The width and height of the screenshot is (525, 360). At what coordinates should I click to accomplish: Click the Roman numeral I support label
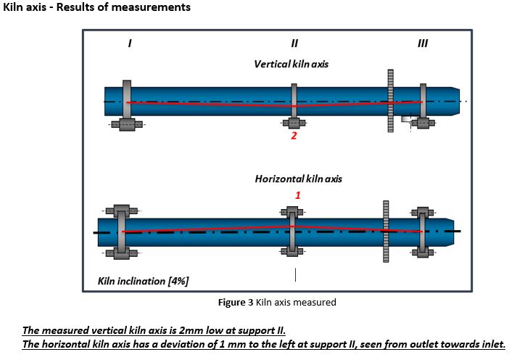(129, 44)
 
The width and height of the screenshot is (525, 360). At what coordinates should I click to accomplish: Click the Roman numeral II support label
(294, 44)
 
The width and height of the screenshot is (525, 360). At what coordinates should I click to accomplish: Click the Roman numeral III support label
(423, 44)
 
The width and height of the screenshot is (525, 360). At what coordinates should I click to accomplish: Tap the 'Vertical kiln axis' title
(291, 64)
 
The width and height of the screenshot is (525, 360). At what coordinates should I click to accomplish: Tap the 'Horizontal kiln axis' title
(298, 179)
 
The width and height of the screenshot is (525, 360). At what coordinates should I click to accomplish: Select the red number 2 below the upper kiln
(294, 136)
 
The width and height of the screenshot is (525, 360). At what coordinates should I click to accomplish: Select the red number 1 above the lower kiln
(297, 195)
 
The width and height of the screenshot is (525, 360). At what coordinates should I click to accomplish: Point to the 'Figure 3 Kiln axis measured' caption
(277, 302)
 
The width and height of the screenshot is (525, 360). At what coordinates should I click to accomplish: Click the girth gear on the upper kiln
(390, 102)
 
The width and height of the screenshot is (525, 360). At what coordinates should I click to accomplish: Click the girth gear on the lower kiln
(386, 231)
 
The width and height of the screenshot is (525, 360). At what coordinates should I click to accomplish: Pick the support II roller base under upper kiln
(294, 123)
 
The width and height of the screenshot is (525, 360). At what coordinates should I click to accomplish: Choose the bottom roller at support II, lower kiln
(292, 253)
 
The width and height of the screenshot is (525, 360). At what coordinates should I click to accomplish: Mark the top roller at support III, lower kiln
(423, 213)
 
